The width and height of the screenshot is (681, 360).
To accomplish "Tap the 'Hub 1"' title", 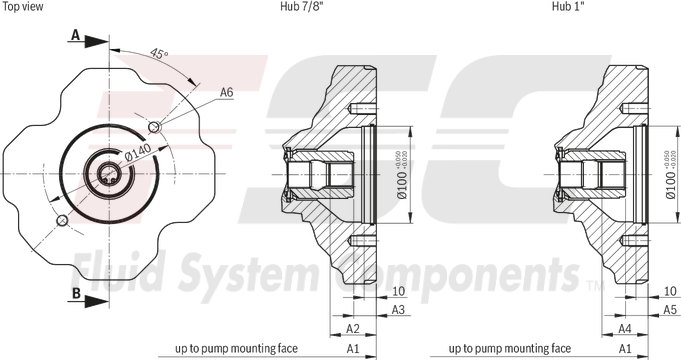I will (x=567, y=7).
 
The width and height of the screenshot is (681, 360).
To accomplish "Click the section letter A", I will (x=75, y=35).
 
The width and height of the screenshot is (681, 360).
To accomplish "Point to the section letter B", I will (x=75, y=293).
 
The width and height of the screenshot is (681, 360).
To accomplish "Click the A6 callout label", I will (x=227, y=92).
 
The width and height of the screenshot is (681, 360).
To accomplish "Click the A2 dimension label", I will (x=352, y=328).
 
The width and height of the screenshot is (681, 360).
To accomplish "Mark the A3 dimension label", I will (x=397, y=311).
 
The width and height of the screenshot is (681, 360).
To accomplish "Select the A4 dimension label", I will (x=622, y=328).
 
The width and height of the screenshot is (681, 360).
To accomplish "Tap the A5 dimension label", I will (x=669, y=311).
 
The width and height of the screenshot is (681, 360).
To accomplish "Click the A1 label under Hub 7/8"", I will (x=352, y=349).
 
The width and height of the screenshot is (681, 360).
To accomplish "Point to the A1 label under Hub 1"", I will (x=622, y=349).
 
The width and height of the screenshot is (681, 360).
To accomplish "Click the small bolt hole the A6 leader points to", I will (x=153, y=127).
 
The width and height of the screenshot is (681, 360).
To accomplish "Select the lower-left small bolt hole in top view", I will (x=62, y=219).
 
